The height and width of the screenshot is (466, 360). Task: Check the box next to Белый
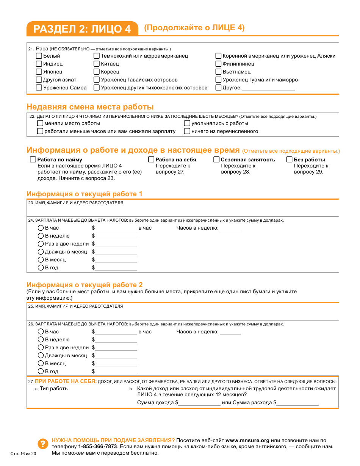(39, 56)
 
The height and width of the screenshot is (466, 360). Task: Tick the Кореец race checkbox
(97, 72)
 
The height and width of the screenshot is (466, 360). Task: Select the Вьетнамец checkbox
(218, 72)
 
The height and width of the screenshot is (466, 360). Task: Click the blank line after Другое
(268, 88)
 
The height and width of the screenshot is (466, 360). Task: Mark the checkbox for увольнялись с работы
(187, 123)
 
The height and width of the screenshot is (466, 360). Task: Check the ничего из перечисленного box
(187, 131)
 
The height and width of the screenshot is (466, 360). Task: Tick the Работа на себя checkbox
(151, 160)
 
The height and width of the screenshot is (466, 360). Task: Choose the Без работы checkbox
(290, 160)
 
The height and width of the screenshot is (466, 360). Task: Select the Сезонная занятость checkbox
(216, 160)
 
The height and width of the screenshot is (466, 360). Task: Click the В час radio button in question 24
(41, 228)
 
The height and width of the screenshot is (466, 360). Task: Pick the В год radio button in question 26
(41, 371)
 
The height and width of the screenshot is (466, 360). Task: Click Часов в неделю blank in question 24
(230, 228)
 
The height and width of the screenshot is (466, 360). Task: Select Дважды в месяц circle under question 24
(41, 252)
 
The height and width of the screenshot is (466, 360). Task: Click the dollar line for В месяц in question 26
(116, 364)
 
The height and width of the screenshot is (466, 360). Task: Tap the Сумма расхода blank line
(297, 403)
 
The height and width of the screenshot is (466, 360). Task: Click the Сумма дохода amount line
(199, 403)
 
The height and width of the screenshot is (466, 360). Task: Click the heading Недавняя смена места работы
(90, 107)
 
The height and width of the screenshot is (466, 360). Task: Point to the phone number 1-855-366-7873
(97, 446)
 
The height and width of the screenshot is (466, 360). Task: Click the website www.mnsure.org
(247, 440)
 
